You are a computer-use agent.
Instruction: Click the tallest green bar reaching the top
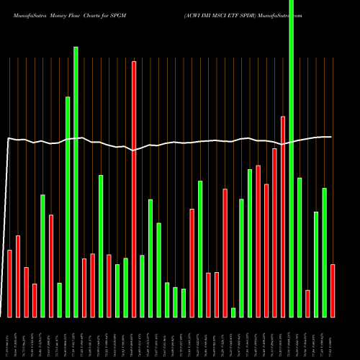coord(291,158)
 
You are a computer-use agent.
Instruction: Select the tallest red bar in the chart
coord(134,189)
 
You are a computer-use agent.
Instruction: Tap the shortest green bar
coord(233,312)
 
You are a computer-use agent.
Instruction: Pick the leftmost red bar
coord(9,283)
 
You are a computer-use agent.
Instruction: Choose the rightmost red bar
coord(333,290)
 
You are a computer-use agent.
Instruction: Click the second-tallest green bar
coord(76,181)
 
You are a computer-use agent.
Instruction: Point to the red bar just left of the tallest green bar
coord(283,216)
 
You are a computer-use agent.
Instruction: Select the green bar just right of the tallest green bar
coord(300,247)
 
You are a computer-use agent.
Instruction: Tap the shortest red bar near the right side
coord(307,303)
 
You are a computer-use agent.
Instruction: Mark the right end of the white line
coord(331,137)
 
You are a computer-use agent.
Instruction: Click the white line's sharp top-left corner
coord(8,138)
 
